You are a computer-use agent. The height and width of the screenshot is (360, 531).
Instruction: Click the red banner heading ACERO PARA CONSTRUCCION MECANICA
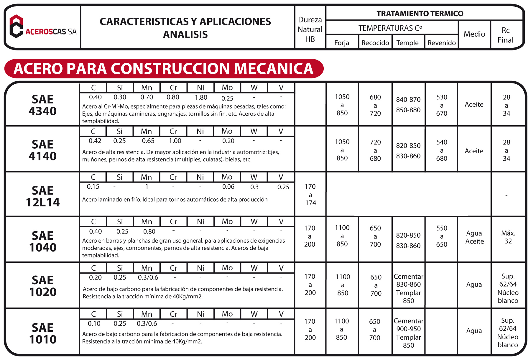(x=164, y=68)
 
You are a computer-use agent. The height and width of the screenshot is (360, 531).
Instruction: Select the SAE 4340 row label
(x=42, y=105)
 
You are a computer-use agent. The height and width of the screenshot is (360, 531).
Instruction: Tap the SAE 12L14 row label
(x=42, y=196)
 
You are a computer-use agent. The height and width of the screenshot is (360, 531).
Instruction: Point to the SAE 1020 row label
(x=42, y=286)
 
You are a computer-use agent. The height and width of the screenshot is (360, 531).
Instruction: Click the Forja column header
(x=342, y=43)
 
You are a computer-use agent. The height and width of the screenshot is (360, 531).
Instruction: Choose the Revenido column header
(x=441, y=43)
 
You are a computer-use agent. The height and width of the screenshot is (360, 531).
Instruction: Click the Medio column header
(x=474, y=34)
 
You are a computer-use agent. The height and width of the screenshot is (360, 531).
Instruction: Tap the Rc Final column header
(x=505, y=35)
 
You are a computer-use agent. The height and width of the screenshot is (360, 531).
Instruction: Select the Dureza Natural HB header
(x=310, y=29)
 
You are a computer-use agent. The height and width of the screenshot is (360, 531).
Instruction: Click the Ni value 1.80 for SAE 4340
(x=201, y=97)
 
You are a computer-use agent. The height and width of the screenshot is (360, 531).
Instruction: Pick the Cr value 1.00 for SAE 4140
(x=175, y=141)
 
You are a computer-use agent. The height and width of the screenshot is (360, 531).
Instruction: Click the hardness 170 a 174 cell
(x=310, y=195)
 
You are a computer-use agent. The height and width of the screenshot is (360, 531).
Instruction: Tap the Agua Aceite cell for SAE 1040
(x=474, y=237)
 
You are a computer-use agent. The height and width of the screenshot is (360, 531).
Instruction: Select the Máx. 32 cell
(x=508, y=237)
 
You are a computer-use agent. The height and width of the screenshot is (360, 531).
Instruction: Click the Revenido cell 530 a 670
(x=442, y=105)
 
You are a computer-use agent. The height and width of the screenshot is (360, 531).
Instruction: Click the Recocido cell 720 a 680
(x=375, y=150)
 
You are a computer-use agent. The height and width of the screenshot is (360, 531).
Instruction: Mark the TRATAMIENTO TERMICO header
(x=420, y=14)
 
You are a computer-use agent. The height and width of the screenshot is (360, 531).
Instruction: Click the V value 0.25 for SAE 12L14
(x=283, y=187)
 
